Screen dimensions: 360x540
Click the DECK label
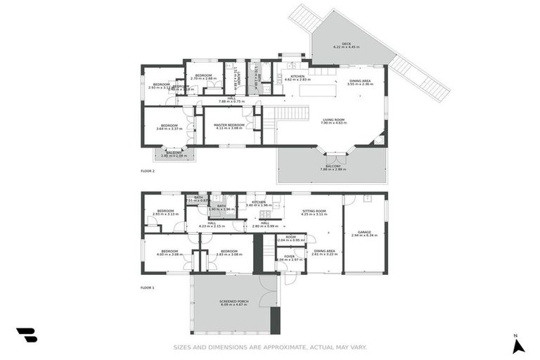pos(346,43)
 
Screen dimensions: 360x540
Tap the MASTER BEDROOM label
pos(229,124)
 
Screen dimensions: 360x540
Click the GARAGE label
pos(364,231)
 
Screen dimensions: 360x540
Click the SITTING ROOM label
pos(314,210)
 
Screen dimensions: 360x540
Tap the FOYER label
pos(289,257)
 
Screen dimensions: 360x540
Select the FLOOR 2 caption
pos(147,171)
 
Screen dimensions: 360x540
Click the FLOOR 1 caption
pos(147,288)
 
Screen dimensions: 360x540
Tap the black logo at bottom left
pos(27,335)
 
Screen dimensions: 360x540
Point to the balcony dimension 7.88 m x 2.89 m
pos(334,169)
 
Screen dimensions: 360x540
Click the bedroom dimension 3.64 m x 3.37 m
pos(169,129)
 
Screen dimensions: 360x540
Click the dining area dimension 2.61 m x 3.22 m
pos(324,255)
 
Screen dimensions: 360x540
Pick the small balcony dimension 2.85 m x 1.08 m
pos(174,155)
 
